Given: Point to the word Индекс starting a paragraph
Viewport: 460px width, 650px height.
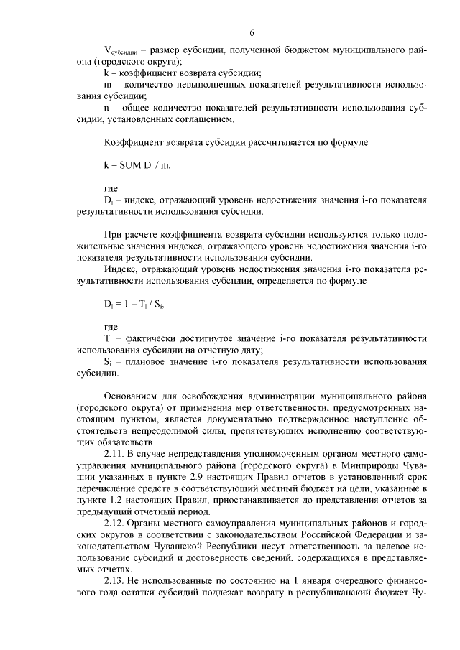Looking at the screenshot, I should tap(121, 269).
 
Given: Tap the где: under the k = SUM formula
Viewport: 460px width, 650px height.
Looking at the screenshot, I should tap(113, 187).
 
